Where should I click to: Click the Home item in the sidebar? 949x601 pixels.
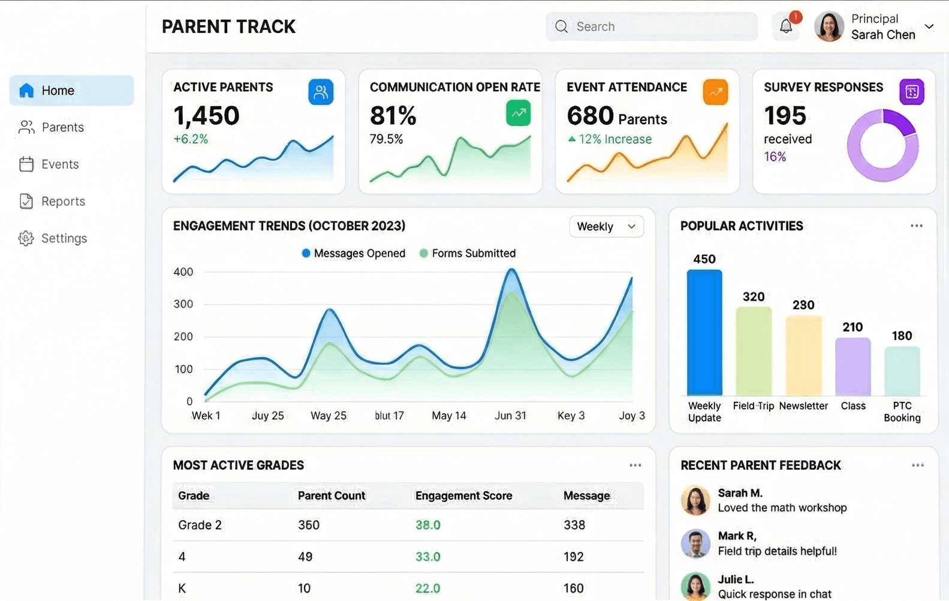click(71, 91)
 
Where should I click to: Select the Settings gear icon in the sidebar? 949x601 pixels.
click(26, 238)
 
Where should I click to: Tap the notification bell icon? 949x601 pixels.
click(786, 26)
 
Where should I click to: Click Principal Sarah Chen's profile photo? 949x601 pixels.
click(829, 27)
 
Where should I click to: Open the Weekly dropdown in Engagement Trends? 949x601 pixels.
click(606, 227)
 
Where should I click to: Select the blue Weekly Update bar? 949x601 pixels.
click(704, 333)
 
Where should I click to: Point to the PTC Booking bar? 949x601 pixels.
click(902, 371)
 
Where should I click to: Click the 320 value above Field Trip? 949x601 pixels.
click(754, 297)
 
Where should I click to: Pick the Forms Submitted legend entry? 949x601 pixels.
click(468, 253)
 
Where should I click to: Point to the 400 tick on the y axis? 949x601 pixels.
click(183, 272)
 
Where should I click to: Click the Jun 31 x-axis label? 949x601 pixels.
click(510, 416)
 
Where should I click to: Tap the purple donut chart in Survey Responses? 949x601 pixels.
click(882, 145)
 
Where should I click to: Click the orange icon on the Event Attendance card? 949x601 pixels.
click(715, 92)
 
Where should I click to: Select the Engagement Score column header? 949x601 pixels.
click(463, 496)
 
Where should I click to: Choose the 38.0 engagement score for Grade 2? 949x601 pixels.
click(428, 525)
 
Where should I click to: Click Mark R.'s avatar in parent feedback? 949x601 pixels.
click(695, 543)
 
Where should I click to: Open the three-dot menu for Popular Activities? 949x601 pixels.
click(916, 226)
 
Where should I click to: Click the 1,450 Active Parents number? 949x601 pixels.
click(206, 116)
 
